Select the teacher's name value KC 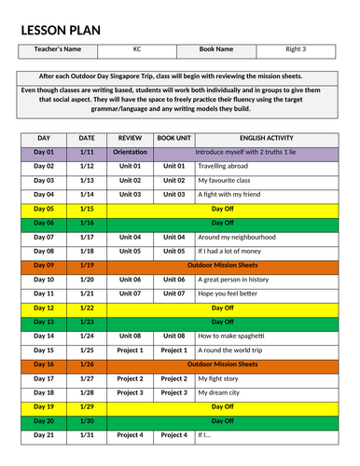[x=123, y=48]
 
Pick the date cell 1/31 [x=87, y=435]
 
